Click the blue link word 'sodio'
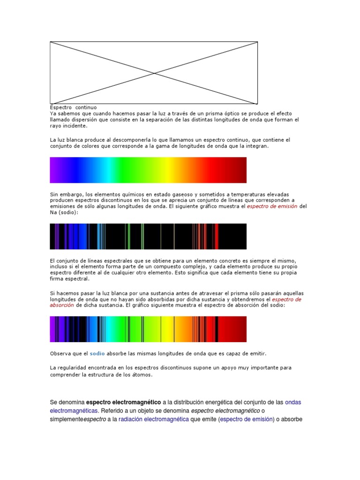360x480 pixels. [x=97, y=353]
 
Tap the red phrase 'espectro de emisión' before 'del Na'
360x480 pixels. [x=272, y=206]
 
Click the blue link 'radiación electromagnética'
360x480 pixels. [x=154, y=419]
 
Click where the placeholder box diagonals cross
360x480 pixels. [x=154, y=73]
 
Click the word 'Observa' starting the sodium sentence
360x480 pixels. [x=61, y=353]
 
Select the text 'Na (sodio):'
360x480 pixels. [x=64, y=212]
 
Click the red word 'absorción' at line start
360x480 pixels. [x=62, y=305]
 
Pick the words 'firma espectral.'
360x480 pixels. [x=69, y=278]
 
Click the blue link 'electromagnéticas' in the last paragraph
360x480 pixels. [x=74, y=411]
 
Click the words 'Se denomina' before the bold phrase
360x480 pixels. [x=67, y=402]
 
